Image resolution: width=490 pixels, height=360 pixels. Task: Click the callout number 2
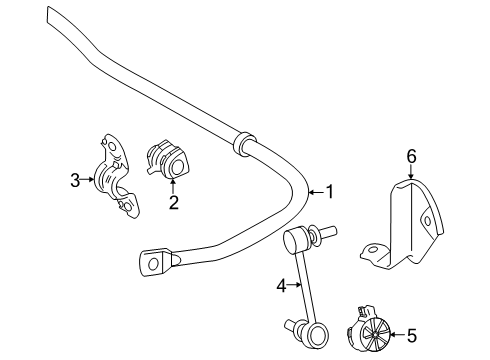[172, 203]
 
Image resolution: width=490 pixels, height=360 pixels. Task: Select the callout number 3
[75, 181]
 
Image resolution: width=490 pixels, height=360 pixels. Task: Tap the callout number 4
[281, 286]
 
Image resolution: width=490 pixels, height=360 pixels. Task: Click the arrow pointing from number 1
[316, 191]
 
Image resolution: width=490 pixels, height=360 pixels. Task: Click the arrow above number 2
[172, 187]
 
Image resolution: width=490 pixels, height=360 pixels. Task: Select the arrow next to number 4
[296, 286]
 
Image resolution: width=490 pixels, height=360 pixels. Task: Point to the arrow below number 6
[410, 172]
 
